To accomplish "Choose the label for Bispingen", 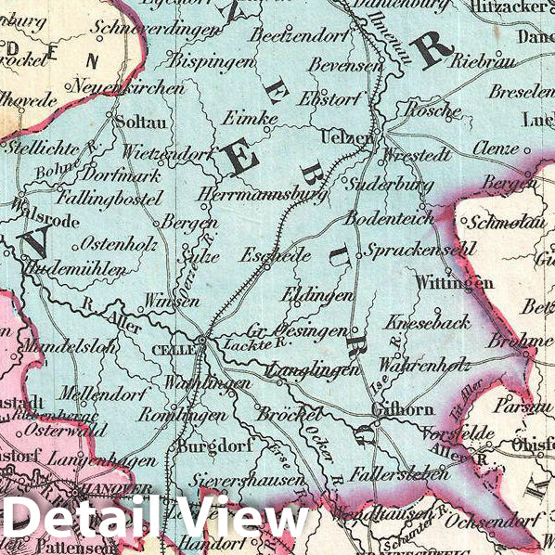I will point(212,62).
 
